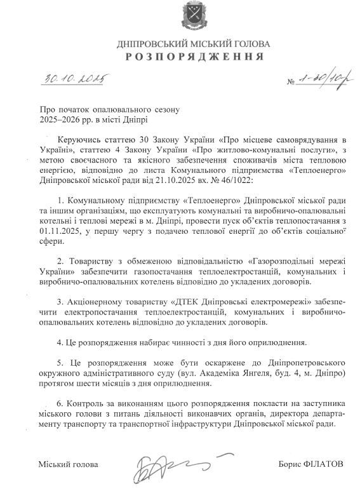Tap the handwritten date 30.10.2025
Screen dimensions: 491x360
pos(74,79)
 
